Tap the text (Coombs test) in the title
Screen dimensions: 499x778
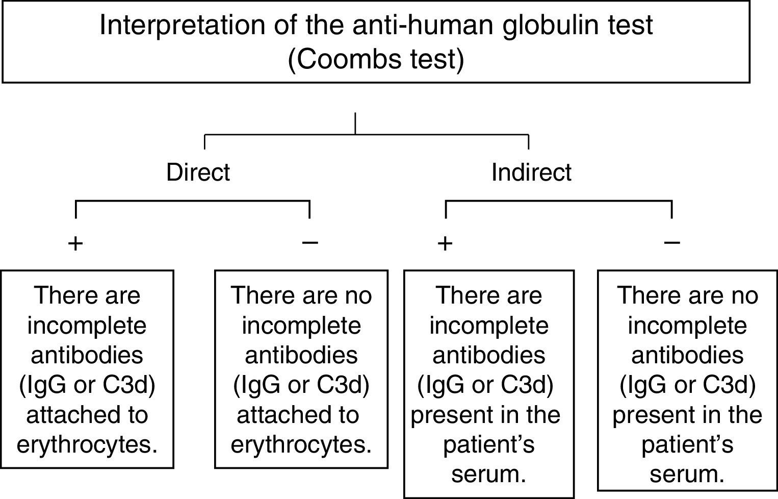(x=376, y=59)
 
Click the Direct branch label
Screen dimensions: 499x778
(x=198, y=172)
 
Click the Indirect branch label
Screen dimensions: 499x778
(x=531, y=172)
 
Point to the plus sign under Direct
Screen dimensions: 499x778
(x=75, y=243)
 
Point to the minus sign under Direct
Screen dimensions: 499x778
(x=310, y=242)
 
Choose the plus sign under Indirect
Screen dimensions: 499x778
(x=445, y=243)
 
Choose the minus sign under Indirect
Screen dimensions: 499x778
(x=672, y=242)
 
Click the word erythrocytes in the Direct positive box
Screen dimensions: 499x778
(x=87, y=444)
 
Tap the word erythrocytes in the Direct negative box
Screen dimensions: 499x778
(x=301, y=444)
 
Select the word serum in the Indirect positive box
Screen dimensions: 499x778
(x=488, y=474)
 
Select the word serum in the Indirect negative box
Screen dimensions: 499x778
(x=687, y=474)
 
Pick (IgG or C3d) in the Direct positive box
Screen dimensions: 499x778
(x=87, y=385)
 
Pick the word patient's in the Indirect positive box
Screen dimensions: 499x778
(x=488, y=444)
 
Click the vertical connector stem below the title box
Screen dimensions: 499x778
(x=355, y=123)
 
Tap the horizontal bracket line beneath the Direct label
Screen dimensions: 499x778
(x=193, y=201)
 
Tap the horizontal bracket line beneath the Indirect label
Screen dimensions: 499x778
(x=559, y=201)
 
